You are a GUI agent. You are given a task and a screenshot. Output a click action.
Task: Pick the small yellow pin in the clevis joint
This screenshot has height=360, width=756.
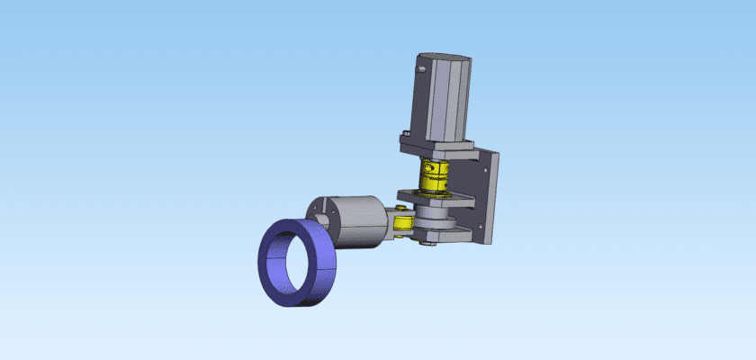point(399,218)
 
